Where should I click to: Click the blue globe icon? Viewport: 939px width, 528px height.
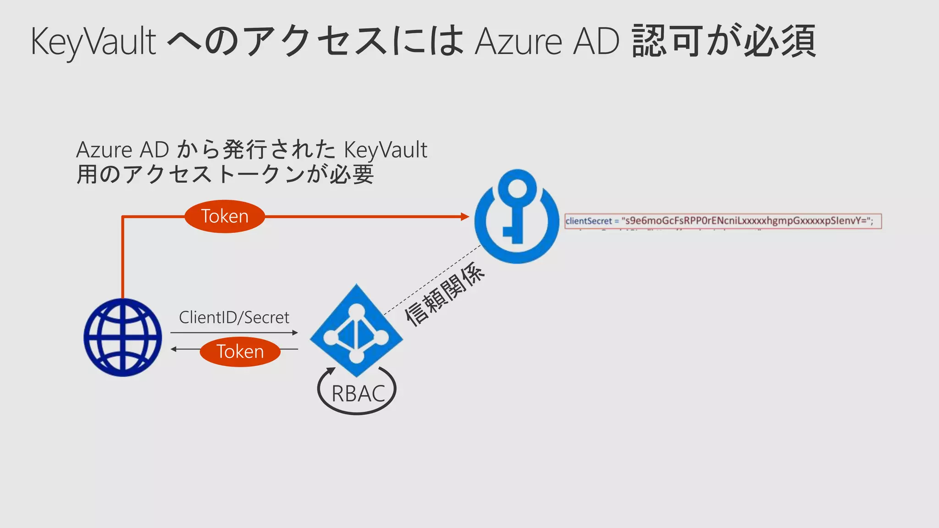[x=123, y=337]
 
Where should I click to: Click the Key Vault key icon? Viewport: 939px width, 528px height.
[x=517, y=216]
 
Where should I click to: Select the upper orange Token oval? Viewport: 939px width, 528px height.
[x=225, y=216]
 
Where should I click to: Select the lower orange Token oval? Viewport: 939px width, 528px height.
[x=240, y=352]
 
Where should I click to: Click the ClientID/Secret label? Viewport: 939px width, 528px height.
[x=234, y=317]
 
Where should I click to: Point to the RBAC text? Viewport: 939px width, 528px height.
[x=358, y=394]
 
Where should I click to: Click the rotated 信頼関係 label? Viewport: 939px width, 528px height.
[x=444, y=294]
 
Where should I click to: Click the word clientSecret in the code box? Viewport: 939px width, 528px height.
[x=589, y=221]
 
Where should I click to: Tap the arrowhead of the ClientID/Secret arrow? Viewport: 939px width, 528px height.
[x=295, y=333]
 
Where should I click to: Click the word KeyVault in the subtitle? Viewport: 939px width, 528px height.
[x=385, y=150]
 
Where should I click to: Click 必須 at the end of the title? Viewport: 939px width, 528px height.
[x=779, y=41]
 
